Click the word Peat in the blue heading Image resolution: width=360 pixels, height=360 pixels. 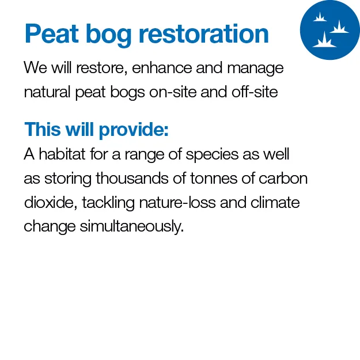click(51, 33)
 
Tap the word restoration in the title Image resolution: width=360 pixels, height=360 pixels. click(204, 33)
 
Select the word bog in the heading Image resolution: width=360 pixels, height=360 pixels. click(108, 35)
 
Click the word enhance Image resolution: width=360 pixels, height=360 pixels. click(162, 68)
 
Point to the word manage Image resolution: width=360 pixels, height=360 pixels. click(255, 69)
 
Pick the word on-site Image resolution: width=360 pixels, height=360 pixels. click(173, 92)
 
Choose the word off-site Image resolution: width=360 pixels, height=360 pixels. click(255, 92)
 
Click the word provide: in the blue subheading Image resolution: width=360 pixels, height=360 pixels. click(134, 130)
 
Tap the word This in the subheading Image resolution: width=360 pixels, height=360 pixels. click(43, 129)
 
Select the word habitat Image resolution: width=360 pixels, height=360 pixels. click(62, 154)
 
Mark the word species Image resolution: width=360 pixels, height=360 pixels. click(212, 155)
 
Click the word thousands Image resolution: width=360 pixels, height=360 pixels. click(132, 178)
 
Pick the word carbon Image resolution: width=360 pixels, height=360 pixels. click(283, 178)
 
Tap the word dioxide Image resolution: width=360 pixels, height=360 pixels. click(51, 203)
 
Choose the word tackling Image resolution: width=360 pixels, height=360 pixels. click(108, 204)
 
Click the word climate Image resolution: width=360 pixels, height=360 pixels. click(275, 203)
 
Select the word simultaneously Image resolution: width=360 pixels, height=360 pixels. click(132, 227)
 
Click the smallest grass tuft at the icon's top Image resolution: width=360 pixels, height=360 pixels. click(320, 17)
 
